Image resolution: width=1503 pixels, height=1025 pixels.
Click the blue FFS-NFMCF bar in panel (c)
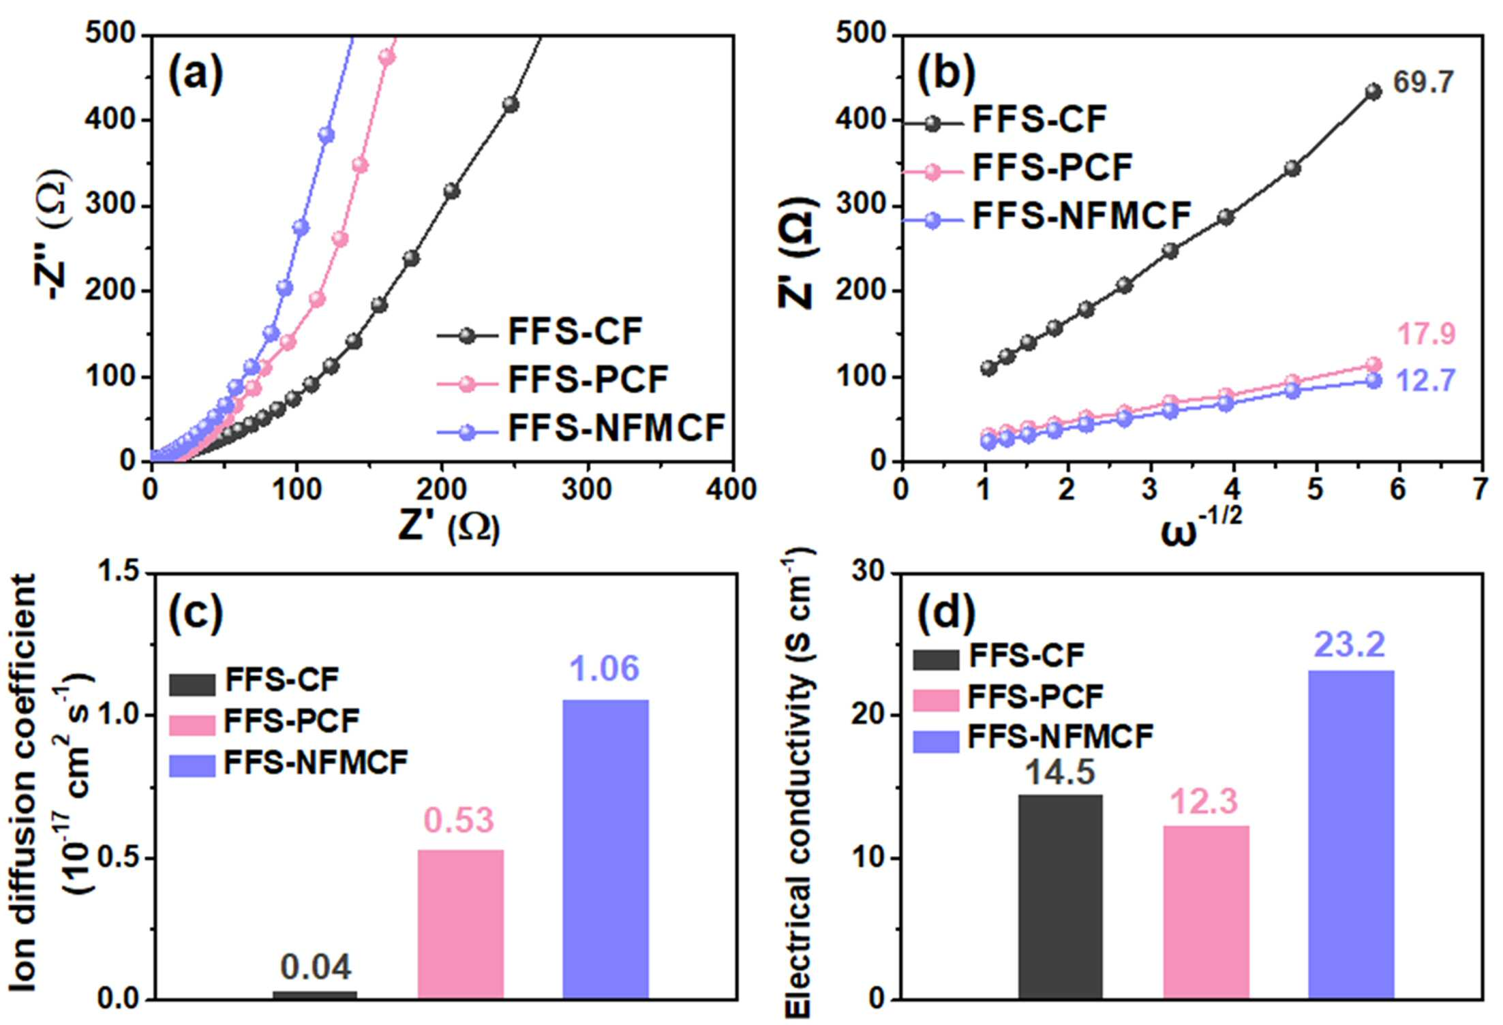tap(605, 849)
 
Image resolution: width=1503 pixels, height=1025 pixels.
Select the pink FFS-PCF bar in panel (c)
tap(461, 924)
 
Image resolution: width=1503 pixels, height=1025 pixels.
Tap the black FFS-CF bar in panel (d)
tap(1060, 897)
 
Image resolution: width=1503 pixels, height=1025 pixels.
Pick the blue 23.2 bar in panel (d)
tap(1352, 835)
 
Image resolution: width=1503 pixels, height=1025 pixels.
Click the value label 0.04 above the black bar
tap(316, 967)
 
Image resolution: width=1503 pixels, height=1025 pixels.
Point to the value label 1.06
tap(605, 669)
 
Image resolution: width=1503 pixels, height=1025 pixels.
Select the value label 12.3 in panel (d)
tap(1204, 802)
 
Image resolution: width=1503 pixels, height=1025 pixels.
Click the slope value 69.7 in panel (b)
tap(1423, 82)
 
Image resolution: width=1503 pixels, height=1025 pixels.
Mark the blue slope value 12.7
tap(1426, 381)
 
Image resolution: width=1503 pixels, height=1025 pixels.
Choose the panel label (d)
tap(946, 612)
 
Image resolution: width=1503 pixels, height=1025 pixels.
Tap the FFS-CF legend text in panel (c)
tap(282, 679)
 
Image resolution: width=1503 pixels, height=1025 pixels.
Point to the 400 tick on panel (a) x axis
tap(731, 489)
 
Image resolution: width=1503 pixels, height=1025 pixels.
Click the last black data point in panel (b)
tap(1373, 92)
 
